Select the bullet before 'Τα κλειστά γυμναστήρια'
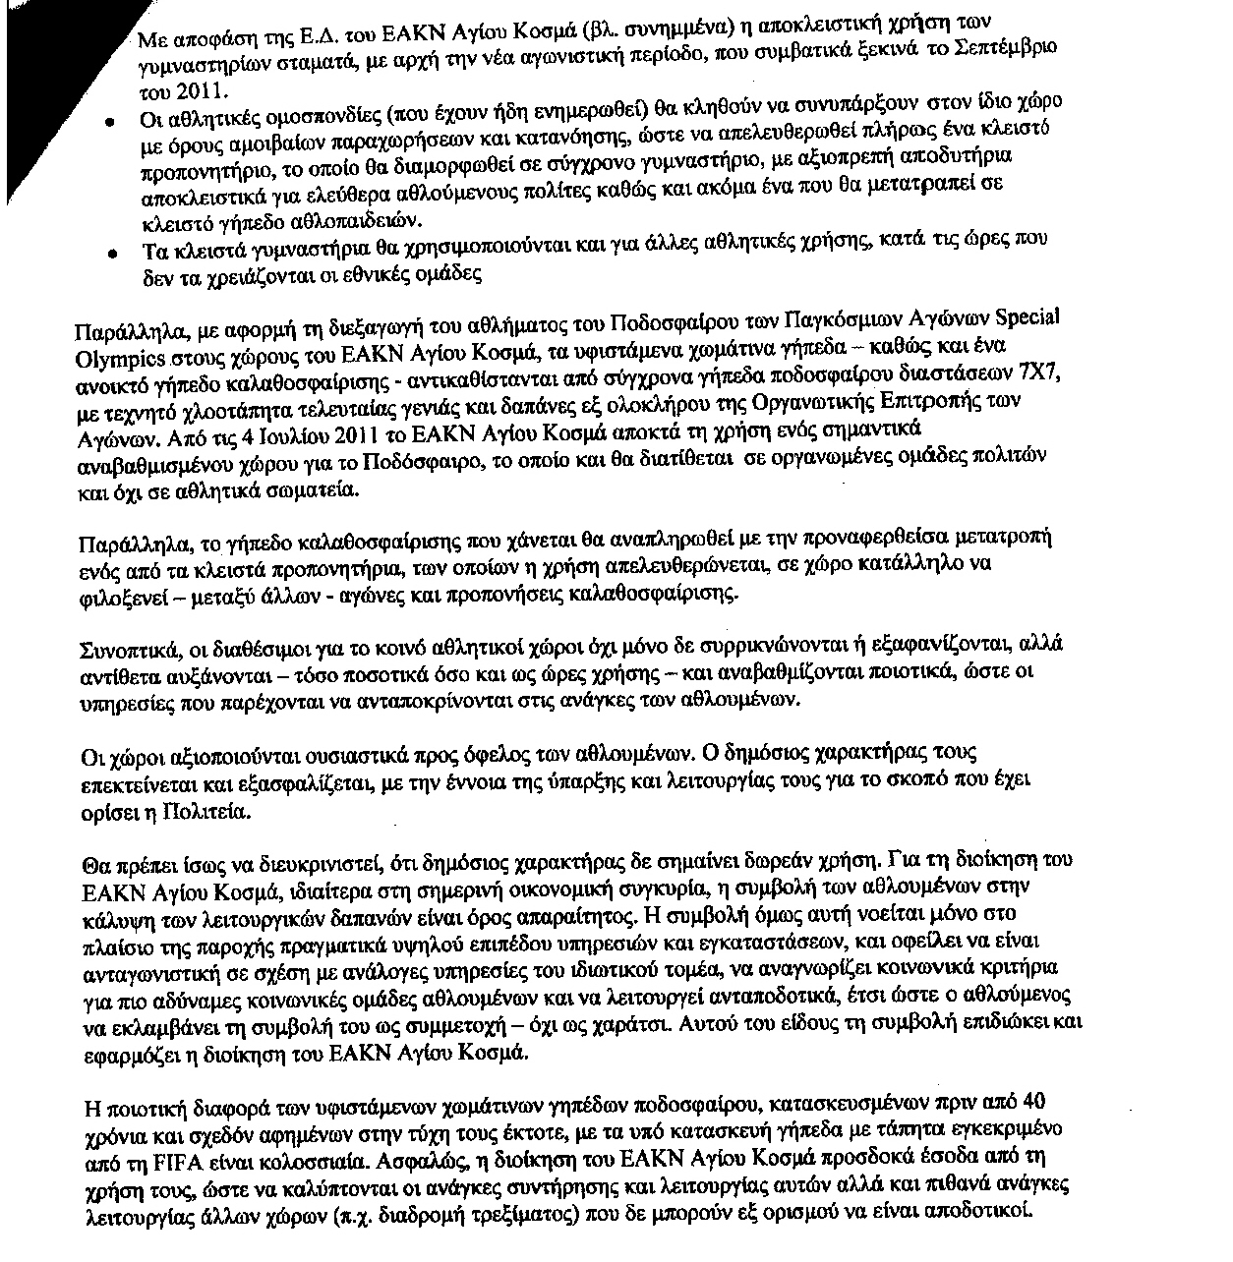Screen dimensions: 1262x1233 115,253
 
